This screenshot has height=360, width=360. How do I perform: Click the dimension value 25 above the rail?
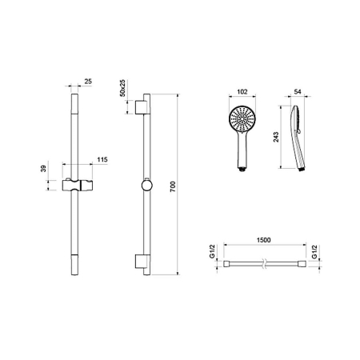tap(88, 82)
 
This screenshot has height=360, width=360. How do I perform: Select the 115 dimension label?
tap(102, 159)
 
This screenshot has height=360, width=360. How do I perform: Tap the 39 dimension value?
tap(43, 169)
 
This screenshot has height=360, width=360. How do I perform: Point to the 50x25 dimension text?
tap(122, 88)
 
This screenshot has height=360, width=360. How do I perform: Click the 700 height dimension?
tap(173, 186)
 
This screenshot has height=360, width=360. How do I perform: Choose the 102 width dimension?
tap(242, 92)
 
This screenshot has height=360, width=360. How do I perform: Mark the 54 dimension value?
tap(298, 91)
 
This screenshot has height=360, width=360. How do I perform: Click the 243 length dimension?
tap(276, 137)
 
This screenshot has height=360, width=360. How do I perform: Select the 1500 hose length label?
tap(263, 240)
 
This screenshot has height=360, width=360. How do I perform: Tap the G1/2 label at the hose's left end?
tap(212, 251)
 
